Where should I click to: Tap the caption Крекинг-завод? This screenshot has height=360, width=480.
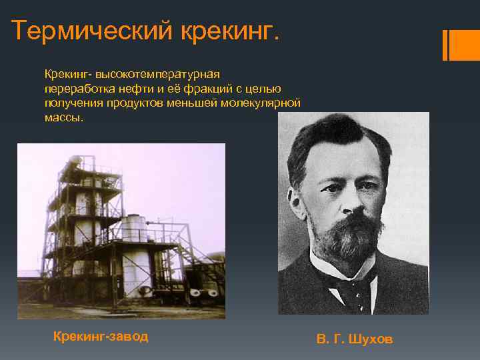click(101, 336)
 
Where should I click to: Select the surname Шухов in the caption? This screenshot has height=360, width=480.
click(371, 339)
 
